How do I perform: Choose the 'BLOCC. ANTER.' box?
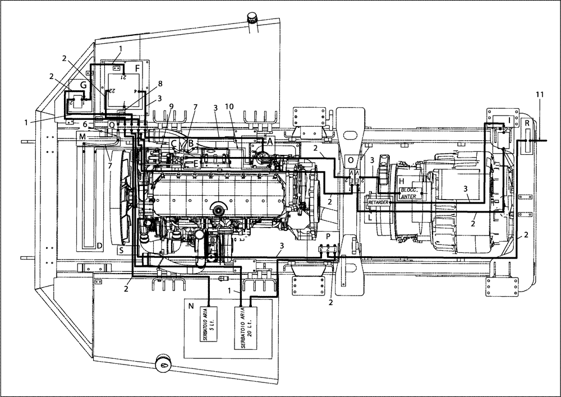click(412, 192)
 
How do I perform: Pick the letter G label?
click(82, 85)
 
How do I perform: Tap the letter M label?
click(82, 137)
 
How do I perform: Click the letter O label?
click(351, 160)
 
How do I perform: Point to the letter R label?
click(528, 123)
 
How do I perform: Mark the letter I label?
click(508, 119)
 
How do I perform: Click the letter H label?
click(401, 181)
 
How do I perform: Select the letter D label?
click(99, 246)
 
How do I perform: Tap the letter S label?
click(121, 250)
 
